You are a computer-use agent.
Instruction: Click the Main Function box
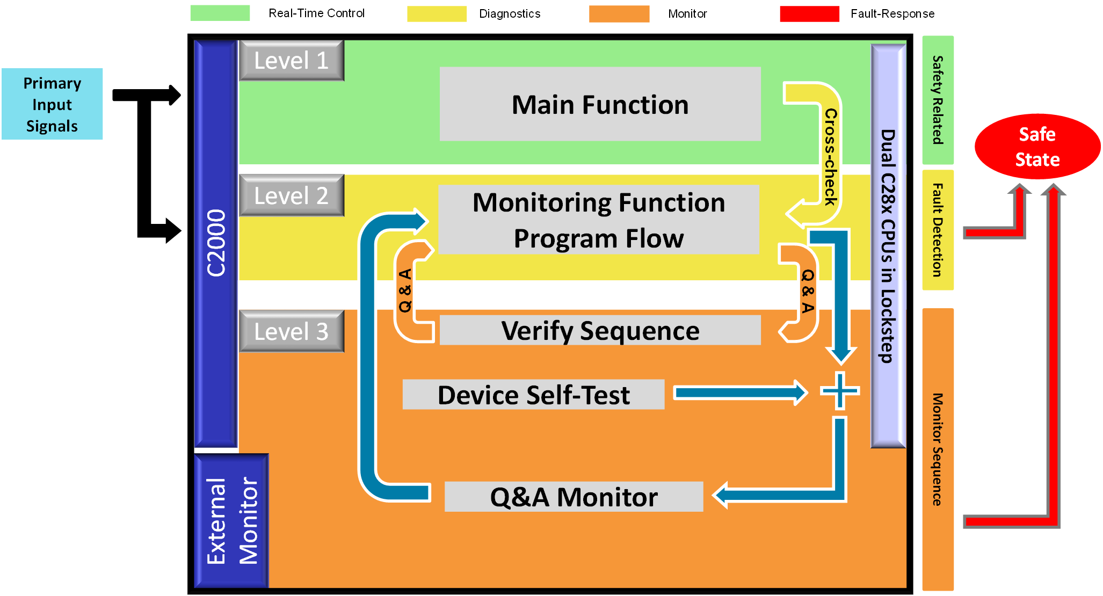click(x=600, y=104)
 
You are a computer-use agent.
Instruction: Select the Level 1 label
click(x=291, y=60)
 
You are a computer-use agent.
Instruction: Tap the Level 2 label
click(x=291, y=195)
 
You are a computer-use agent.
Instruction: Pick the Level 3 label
click(x=291, y=331)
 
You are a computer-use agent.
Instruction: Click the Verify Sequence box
click(x=600, y=330)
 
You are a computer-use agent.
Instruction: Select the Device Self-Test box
click(x=533, y=395)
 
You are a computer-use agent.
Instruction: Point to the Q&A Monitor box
click(x=574, y=497)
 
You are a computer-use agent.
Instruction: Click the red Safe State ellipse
click(x=1037, y=146)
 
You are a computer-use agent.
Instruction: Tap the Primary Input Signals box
click(x=52, y=104)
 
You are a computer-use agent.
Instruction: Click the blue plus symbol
click(x=840, y=391)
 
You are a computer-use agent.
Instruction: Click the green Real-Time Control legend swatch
click(x=220, y=13)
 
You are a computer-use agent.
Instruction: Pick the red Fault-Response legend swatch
click(x=809, y=14)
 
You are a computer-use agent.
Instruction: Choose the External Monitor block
click(x=231, y=521)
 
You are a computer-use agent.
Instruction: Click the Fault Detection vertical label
click(x=938, y=230)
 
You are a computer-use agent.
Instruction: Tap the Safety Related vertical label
click(x=938, y=100)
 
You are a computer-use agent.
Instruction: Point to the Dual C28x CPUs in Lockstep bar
click(x=888, y=246)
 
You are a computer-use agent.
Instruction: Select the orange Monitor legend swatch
click(x=619, y=14)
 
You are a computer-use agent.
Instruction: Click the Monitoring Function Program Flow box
click(x=598, y=220)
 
